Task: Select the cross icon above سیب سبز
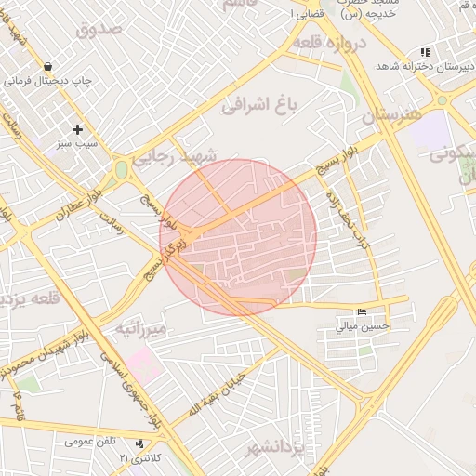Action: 77,129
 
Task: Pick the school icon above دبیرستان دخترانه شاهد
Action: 425,53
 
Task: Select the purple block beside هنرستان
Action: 430,132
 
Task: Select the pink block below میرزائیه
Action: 144,364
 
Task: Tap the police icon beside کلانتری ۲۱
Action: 139,444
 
